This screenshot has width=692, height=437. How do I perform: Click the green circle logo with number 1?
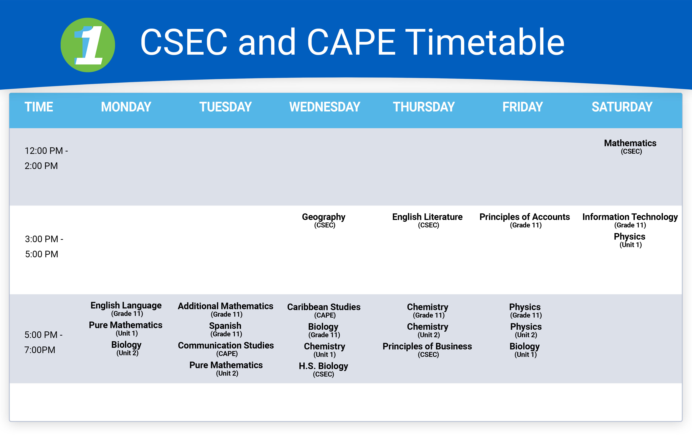pyautogui.click(x=88, y=45)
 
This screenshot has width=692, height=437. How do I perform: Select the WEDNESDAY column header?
pyautogui.click(x=325, y=107)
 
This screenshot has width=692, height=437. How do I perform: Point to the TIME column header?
pyautogui.click(x=39, y=107)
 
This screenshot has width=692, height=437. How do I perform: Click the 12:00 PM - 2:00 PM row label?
pyautogui.click(x=46, y=158)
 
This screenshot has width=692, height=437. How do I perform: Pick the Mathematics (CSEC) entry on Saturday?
pyautogui.click(x=630, y=147)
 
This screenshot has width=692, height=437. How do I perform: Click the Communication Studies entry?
pyautogui.click(x=226, y=349)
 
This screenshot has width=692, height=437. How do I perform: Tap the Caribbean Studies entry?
pyautogui.click(x=324, y=311)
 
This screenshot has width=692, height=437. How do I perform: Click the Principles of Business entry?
pyautogui.click(x=427, y=350)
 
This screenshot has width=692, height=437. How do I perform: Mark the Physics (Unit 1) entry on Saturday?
pyautogui.click(x=630, y=240)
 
